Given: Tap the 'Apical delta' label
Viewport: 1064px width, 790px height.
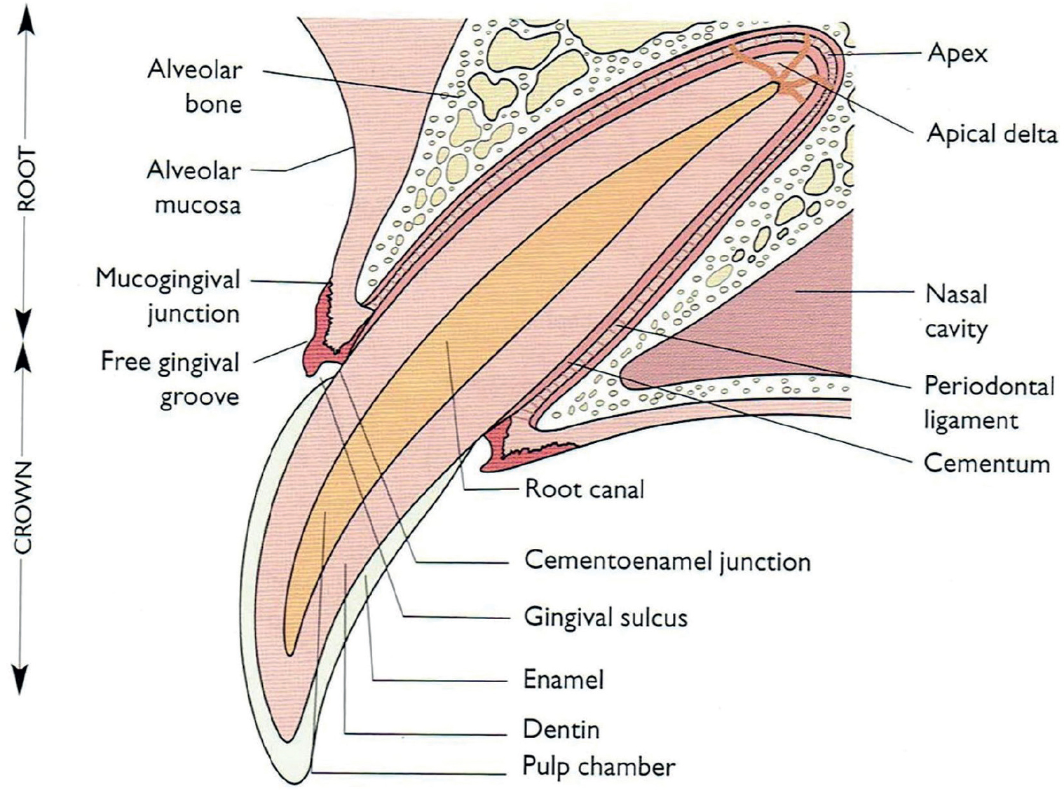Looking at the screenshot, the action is [992, 133].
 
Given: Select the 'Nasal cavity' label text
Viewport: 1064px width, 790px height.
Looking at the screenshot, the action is [956, 311].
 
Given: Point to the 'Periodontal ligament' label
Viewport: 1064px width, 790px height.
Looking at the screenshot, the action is [989, 402].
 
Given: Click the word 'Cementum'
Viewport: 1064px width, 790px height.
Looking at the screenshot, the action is [987, 463].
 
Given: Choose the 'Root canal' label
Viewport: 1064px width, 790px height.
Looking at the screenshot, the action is [585, 489].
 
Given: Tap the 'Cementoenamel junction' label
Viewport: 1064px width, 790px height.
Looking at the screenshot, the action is [667, 561].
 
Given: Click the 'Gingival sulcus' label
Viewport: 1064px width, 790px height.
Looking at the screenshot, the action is [606, 618].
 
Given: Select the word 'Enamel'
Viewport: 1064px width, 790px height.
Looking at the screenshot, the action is [563, 679].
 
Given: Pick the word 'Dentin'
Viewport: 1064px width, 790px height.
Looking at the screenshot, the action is [561, 730].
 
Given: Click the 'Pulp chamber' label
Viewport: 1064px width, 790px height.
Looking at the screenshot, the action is [599, 767].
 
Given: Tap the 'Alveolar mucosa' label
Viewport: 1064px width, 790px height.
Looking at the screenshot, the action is [193, 187].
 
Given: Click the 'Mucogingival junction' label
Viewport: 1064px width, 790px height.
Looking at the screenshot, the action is [168, 296].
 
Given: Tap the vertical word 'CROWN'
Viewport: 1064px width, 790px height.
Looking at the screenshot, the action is [24, 507].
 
